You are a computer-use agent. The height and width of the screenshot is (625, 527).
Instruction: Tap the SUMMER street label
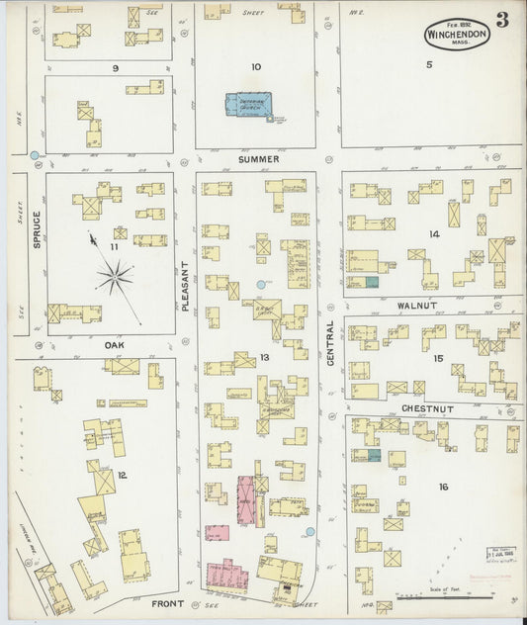pyautogui.click(x=257, y=159)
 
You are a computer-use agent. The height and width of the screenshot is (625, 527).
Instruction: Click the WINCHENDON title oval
pyautogui.click(x=458, y=33)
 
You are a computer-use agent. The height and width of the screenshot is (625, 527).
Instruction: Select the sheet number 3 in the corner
pyautogui.click(x=502, y=21)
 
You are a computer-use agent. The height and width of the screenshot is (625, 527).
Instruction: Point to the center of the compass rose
pyautogui.click(x=116, y=278)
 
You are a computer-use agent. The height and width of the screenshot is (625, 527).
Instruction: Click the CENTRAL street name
pyautogui.click(x=329, y=343)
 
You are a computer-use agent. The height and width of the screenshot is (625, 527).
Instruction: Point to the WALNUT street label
pyautogui.click(x=421, y=309)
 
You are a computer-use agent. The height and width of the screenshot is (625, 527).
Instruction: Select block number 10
pyautogui.click(x=256, y=67)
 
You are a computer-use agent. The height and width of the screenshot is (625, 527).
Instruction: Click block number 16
pyautogui.click(x=443, y=486)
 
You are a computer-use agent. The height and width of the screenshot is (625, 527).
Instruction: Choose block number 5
pyautogui.click(x=429, y=65)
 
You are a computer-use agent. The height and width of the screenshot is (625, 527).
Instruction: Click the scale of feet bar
pyautogui.click(x=466, y=597)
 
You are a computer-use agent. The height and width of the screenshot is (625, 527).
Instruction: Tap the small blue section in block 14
pyautogui.click(x=373, y=283)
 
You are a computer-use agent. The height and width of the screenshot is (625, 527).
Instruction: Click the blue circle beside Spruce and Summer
pyautogui.click(x=36, y=155)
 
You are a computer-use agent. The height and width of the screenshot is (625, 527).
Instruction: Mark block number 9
pyautogui.click(x=116, y=67)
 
